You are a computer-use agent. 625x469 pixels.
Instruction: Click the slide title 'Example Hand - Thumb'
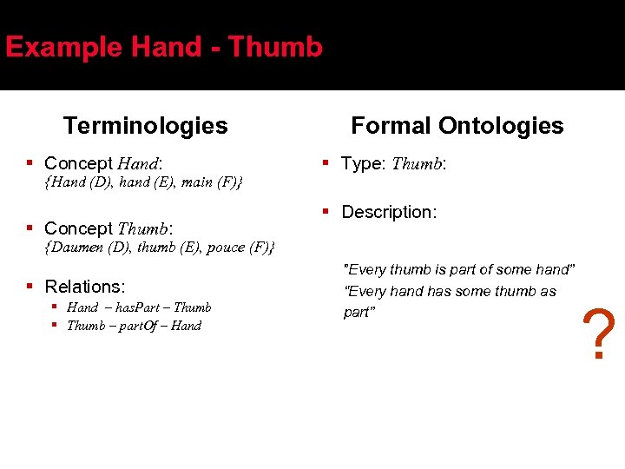click(164, 47)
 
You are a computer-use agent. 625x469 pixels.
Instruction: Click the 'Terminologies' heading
click(145, 126)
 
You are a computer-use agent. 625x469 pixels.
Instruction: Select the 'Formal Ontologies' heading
click(457, 126)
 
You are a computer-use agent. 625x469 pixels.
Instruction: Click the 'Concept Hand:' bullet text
click(103, 163)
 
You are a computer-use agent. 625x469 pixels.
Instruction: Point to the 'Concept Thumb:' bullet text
click(109, 228)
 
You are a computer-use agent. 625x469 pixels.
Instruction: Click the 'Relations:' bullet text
click(85, 287)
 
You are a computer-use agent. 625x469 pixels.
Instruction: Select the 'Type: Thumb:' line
click(393, 163)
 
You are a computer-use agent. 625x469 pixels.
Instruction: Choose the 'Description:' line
click(389, 212)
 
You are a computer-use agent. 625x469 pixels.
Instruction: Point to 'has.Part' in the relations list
click(139, 307)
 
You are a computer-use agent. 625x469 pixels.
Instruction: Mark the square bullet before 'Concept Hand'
click(30, 163)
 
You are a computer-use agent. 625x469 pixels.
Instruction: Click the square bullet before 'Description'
click(327, 211)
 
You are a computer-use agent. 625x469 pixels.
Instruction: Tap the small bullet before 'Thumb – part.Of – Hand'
click(55, 326)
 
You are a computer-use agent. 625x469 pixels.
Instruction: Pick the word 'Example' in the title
click(56, 47)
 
